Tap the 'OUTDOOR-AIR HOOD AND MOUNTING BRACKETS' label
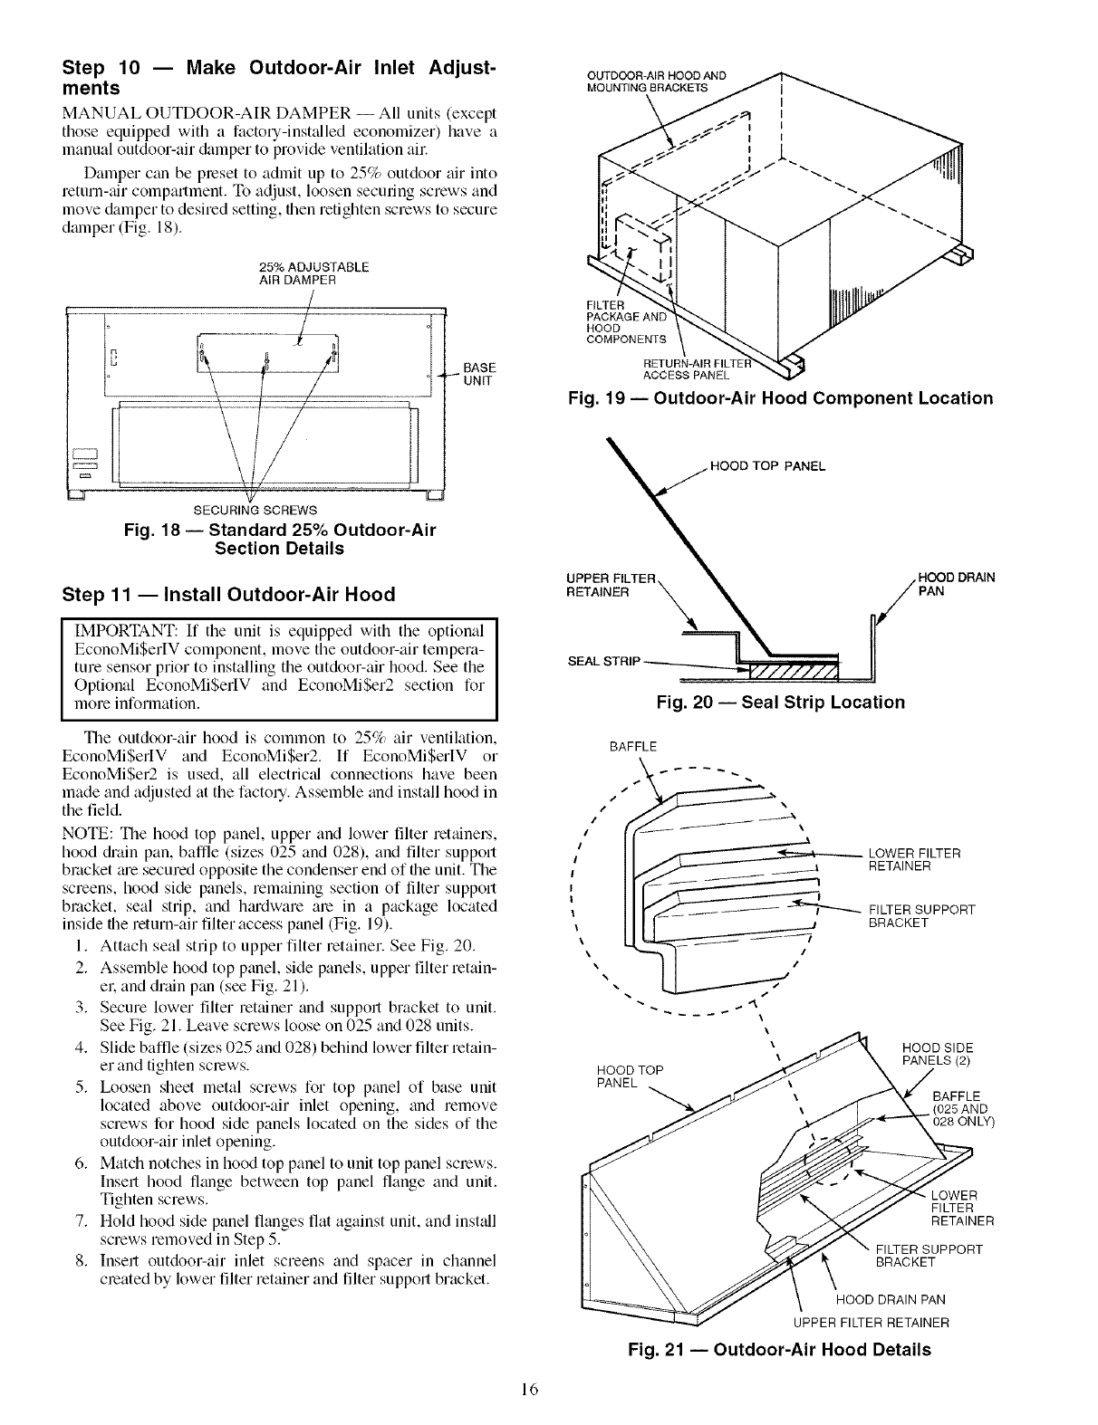(658, 81)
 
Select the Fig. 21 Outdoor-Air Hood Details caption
(779, 1350)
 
